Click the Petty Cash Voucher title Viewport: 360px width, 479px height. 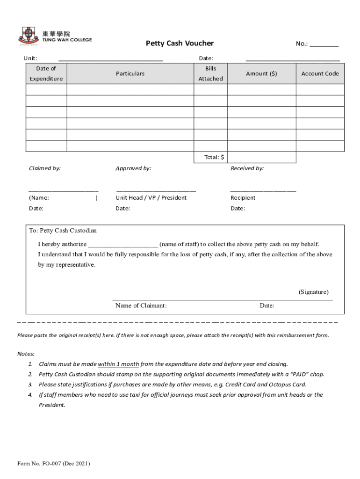point(180,44)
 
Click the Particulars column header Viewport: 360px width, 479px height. point(130,73)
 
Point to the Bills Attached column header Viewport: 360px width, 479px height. point(210,73)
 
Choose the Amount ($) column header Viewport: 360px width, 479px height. point(261,73)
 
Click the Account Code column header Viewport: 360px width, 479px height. point(320,73)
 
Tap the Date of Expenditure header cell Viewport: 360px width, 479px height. point(46,73)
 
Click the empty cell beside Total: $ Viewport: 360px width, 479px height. point(261,157)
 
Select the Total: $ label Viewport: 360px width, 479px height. point(214,157)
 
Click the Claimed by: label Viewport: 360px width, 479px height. point(45,168)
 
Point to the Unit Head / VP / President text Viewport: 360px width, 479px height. point(151,197)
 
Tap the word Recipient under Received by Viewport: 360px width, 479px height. point(243,197)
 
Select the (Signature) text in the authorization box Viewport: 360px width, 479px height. point(313,292)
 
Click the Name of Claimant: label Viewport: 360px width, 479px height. point(141,305)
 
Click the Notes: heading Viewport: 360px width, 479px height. point(26,354)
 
